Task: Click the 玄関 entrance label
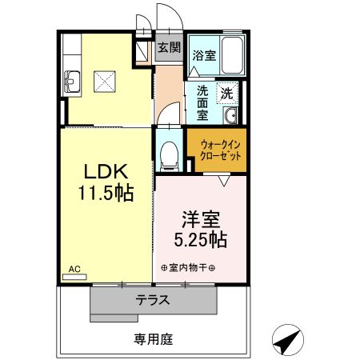(168, 46)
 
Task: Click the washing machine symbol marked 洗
(227, 93)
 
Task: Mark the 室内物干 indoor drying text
(193, 267)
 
